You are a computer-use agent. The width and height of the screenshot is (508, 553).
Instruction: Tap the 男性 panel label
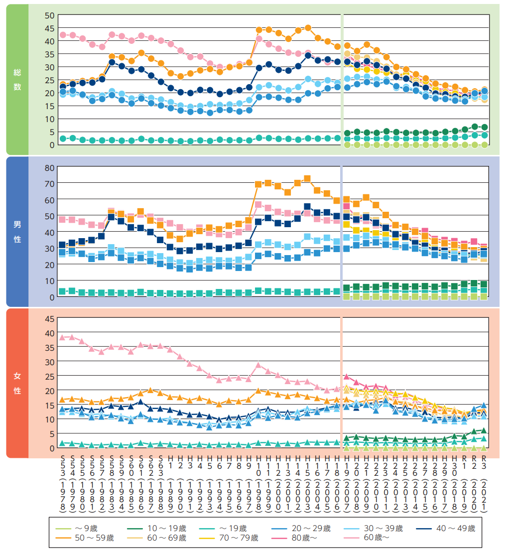click(x=17, y=232)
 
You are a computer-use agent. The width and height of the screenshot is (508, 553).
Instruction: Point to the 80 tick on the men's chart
click(x=49, y=167)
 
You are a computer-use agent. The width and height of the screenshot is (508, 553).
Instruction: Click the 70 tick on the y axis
click(x=49, y=183)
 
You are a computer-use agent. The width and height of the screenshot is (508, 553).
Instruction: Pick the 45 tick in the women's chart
click(x=49, y=318)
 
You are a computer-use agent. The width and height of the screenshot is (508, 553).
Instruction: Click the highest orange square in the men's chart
click(x=307, y=179)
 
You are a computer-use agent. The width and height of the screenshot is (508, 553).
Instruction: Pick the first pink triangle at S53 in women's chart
click(x=63, y=337)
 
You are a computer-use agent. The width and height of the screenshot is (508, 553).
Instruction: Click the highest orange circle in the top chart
click(x=308, y=28)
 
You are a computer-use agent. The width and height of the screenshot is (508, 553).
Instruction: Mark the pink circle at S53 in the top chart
click(x=63, y=35)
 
